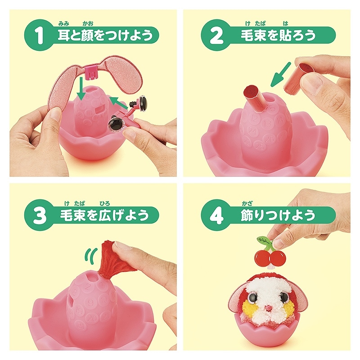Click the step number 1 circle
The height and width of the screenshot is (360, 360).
[x=40, y=35]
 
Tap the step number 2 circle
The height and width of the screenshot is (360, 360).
[x=217, y=35]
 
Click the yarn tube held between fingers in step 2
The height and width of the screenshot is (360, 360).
[x=300, y=76]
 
